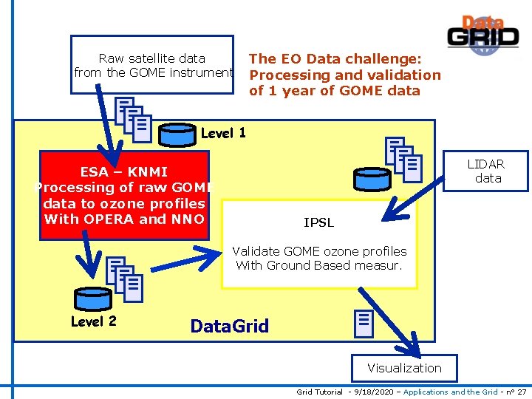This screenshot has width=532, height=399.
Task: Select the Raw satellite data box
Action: [151, 65]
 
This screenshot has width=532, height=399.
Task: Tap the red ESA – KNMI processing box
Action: [124, 195]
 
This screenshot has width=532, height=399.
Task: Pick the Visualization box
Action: [404, 368]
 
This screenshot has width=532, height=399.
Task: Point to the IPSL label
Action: [318, 222]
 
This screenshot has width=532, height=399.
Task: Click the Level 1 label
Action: [223, 134]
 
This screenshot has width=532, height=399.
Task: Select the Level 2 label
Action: [93, 321]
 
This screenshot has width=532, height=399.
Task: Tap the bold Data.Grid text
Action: [230, 326]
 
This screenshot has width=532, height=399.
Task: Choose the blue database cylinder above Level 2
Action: [92, 299]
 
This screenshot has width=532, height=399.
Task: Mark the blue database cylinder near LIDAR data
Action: [370, 179]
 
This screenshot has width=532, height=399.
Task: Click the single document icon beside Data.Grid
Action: [363, 321]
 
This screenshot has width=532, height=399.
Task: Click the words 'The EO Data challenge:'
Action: [335, 58]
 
